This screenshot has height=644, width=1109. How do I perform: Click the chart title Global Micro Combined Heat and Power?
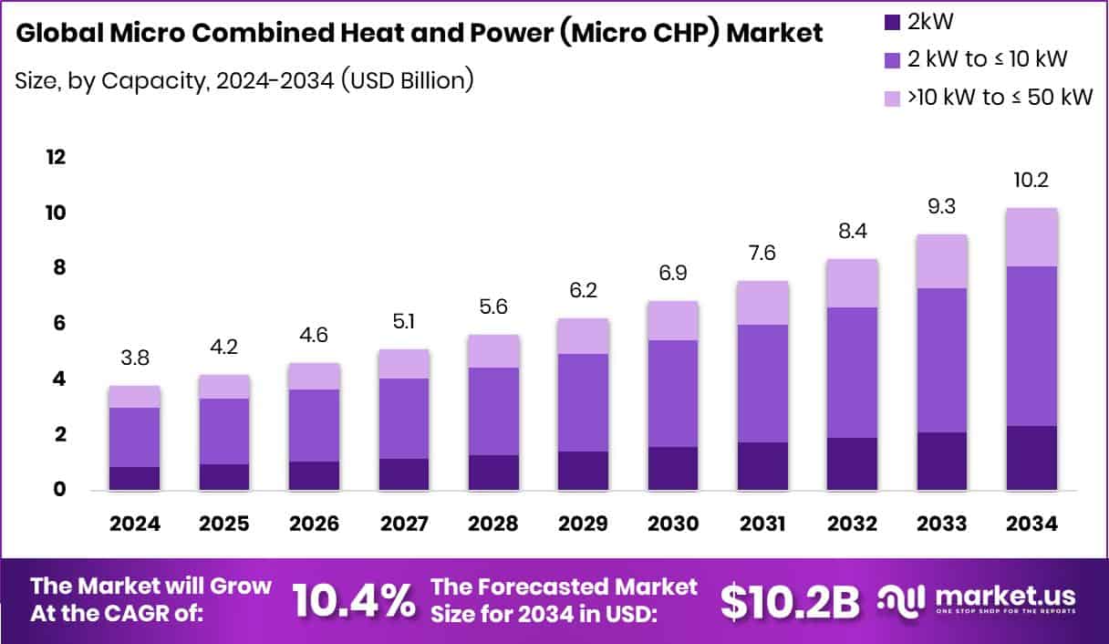click(x=419, y=34)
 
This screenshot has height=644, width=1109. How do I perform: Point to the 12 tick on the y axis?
click(x=57, y=157)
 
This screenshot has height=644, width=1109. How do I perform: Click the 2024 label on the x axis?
click(x=135, y=525)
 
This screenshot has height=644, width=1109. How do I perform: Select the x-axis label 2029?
click(x=583, y=525)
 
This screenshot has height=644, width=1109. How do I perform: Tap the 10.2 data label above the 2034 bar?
click(x=1032, y=181)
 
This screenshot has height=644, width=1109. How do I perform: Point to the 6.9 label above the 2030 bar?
click(x=673, y=274)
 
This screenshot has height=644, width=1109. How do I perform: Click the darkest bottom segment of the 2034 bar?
click(x=1032, y=458)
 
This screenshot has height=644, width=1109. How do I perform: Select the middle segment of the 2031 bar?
click(x=762, y=383)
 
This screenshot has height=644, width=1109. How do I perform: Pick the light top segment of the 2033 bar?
click(x=942, y=261)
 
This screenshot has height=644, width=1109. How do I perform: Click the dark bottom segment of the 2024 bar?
click(x=135, y=478)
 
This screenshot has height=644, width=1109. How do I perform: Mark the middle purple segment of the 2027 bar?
click(x=403, y=418)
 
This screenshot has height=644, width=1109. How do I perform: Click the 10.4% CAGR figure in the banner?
click(x=352, y=600)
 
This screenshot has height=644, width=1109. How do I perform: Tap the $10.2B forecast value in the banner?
click(x=790, y=600)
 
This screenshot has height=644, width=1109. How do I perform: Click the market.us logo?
click(x=976, y=599)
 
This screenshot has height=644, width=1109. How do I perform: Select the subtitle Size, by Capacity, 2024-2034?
click(x=244, y=80)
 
